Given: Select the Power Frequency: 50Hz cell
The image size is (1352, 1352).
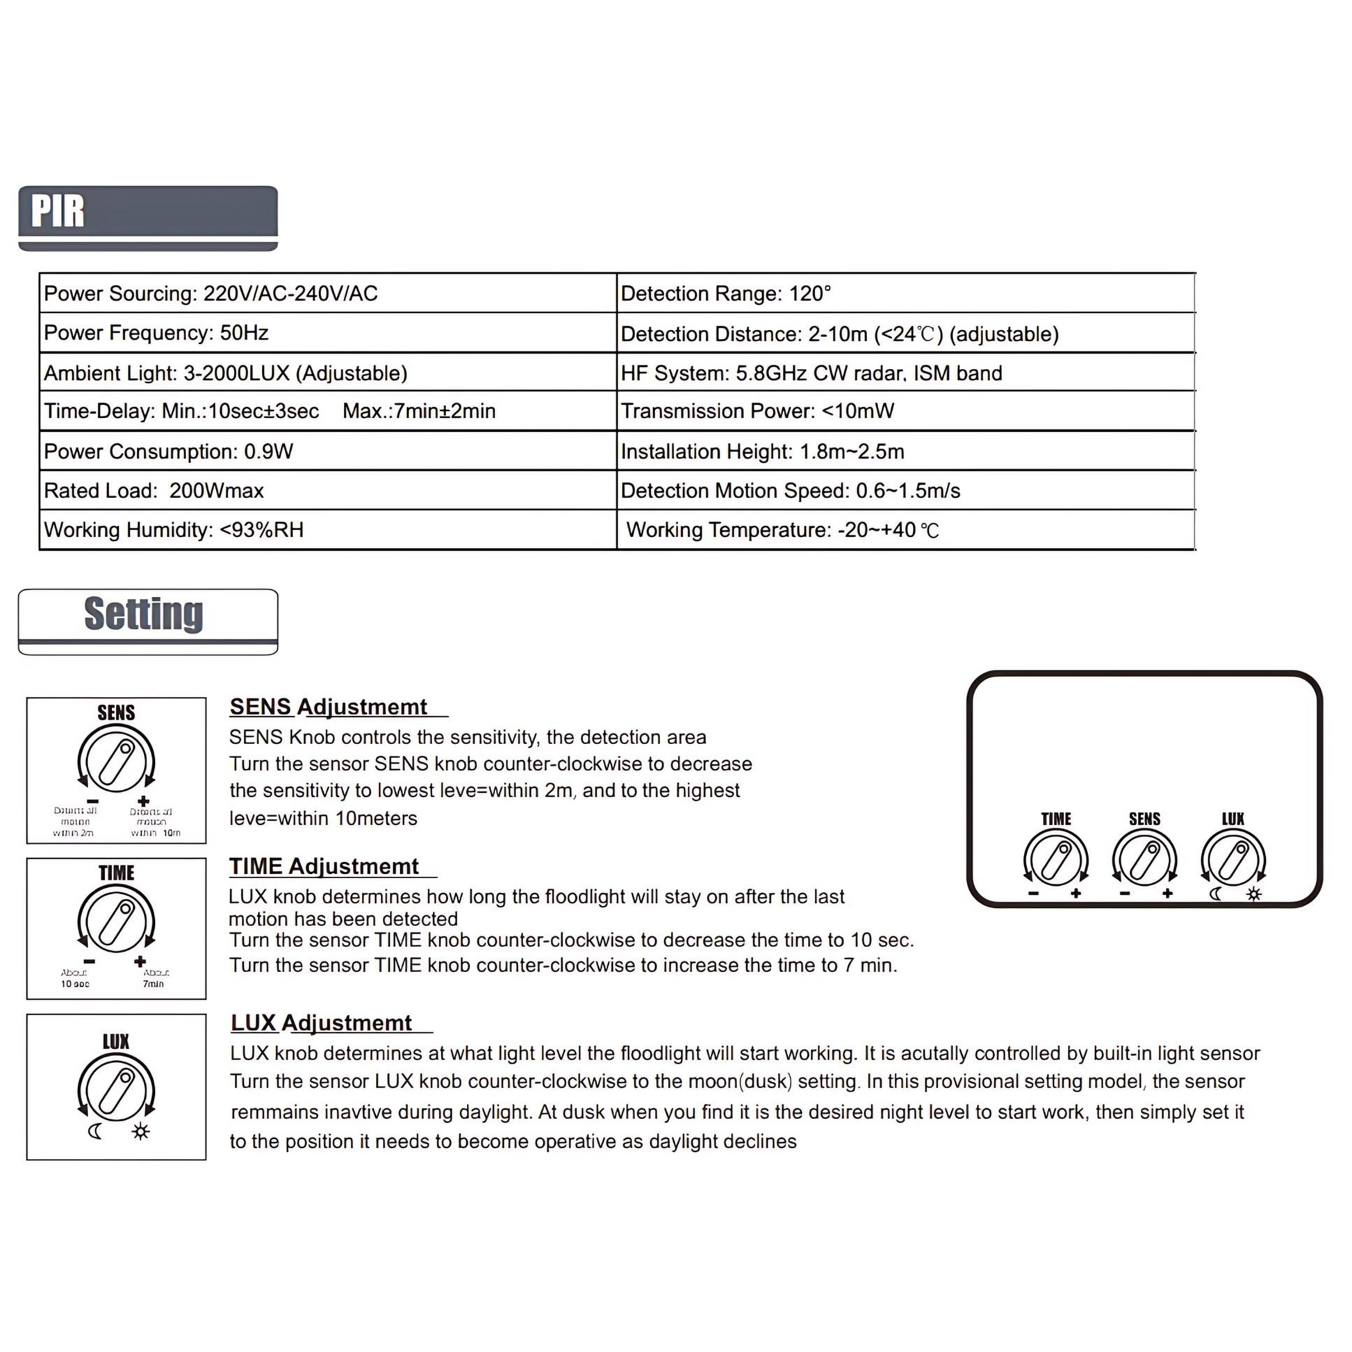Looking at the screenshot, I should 327,332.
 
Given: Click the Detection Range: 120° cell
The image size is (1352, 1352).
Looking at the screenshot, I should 905,293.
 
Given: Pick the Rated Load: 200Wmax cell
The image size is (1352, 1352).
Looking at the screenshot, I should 327,490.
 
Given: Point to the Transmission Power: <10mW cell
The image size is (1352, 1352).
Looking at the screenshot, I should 905,411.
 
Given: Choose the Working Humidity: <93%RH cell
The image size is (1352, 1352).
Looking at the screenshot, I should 327,529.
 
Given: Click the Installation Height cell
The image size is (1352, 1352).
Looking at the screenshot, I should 905,452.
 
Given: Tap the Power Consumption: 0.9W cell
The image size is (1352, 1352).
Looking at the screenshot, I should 327,452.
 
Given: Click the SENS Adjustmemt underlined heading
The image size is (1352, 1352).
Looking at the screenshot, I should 329,707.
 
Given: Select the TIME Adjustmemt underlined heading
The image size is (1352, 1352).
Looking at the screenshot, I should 324,866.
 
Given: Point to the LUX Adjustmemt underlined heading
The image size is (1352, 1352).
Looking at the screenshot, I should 322,1023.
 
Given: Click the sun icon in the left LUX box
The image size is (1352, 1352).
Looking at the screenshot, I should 140,1132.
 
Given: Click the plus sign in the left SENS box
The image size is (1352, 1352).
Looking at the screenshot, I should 143,801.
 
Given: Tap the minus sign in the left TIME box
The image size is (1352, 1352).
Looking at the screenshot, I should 89,962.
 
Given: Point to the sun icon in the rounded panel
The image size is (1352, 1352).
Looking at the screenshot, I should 1254,893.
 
